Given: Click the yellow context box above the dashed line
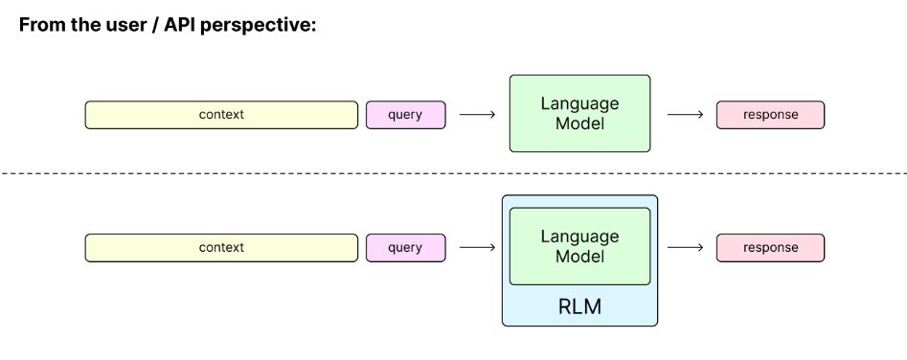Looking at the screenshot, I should pos(221,115).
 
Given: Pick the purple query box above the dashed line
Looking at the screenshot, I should pos(405,115).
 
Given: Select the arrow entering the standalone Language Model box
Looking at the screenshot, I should pos(477,115).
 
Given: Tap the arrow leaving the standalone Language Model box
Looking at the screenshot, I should pos(684,115).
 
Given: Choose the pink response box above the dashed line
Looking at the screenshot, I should pos(770,115).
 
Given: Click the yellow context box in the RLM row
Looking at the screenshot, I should pos(221,247).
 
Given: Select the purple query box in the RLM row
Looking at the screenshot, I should pos(405,247).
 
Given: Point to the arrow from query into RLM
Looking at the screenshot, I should pos(477,247).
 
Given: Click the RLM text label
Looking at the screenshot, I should pos(579,306).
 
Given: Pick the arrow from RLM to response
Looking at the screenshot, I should pos(684,247).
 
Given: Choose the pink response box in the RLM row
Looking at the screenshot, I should pos(770,247).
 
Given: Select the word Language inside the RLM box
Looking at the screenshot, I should pos(579,236).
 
